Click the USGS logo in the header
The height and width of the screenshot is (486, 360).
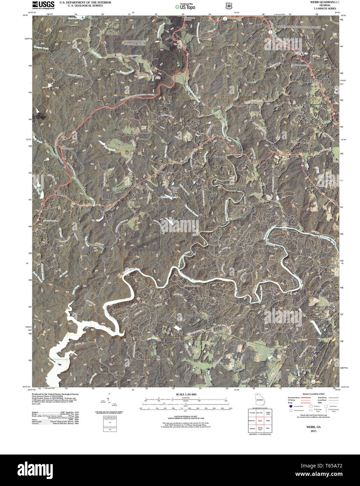(x=43, y=5)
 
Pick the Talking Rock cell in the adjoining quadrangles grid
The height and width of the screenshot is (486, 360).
(x=260, y=429)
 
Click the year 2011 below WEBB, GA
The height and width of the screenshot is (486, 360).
(x=313, y=431)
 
